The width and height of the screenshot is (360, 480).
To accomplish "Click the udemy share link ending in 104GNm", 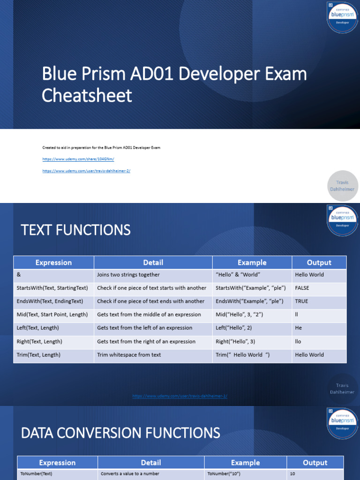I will pos(78,159).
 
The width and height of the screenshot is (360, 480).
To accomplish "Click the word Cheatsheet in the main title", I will pos(87,96).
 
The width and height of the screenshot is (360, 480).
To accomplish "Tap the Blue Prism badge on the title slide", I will pos(342,17).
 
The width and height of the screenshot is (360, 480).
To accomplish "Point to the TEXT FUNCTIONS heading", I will pos(75,230).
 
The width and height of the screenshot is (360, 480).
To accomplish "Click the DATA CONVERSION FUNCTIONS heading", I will pos(120,433).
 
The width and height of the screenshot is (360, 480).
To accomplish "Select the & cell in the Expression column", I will pos(18,275).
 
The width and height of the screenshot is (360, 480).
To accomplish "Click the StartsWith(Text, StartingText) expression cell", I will pos(52,288).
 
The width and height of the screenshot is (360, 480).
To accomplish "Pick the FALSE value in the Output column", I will pos(302,288).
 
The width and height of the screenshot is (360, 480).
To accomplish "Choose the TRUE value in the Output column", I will pos(301,301).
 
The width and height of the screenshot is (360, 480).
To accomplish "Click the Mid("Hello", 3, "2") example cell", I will pos(239,315).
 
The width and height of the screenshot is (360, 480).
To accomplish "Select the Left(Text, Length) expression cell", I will pos(37,328).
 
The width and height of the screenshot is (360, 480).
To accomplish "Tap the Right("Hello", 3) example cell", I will pos(235,341).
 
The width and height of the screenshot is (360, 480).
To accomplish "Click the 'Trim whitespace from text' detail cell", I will pos(129,355).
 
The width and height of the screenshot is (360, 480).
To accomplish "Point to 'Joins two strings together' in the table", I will pos(128,275).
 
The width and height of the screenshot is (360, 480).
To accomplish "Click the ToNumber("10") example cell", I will pos(224,473).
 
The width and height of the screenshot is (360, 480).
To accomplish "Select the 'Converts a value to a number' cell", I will pos(130,473).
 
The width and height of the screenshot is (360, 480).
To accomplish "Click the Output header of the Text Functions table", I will pos(319,262).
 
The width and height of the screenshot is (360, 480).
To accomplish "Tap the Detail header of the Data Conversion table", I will pos(151,463).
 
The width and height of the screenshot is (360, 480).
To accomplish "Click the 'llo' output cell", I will pos(299,341).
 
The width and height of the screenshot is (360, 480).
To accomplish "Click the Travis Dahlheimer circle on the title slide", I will pos(342,186).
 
